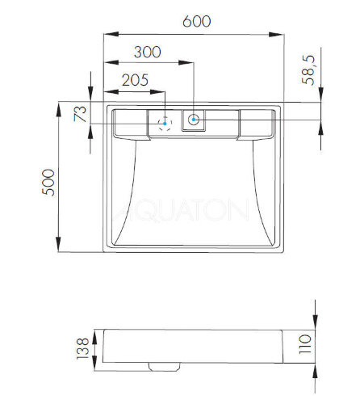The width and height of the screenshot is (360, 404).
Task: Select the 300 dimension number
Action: coord(147,51)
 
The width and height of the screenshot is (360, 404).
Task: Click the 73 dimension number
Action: coord(79,114)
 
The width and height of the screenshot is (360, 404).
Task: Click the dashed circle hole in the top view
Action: coord(165,124)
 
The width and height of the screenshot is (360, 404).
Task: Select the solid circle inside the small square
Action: coord(195,121)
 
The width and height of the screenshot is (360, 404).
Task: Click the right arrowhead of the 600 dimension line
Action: coord(280,33)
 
